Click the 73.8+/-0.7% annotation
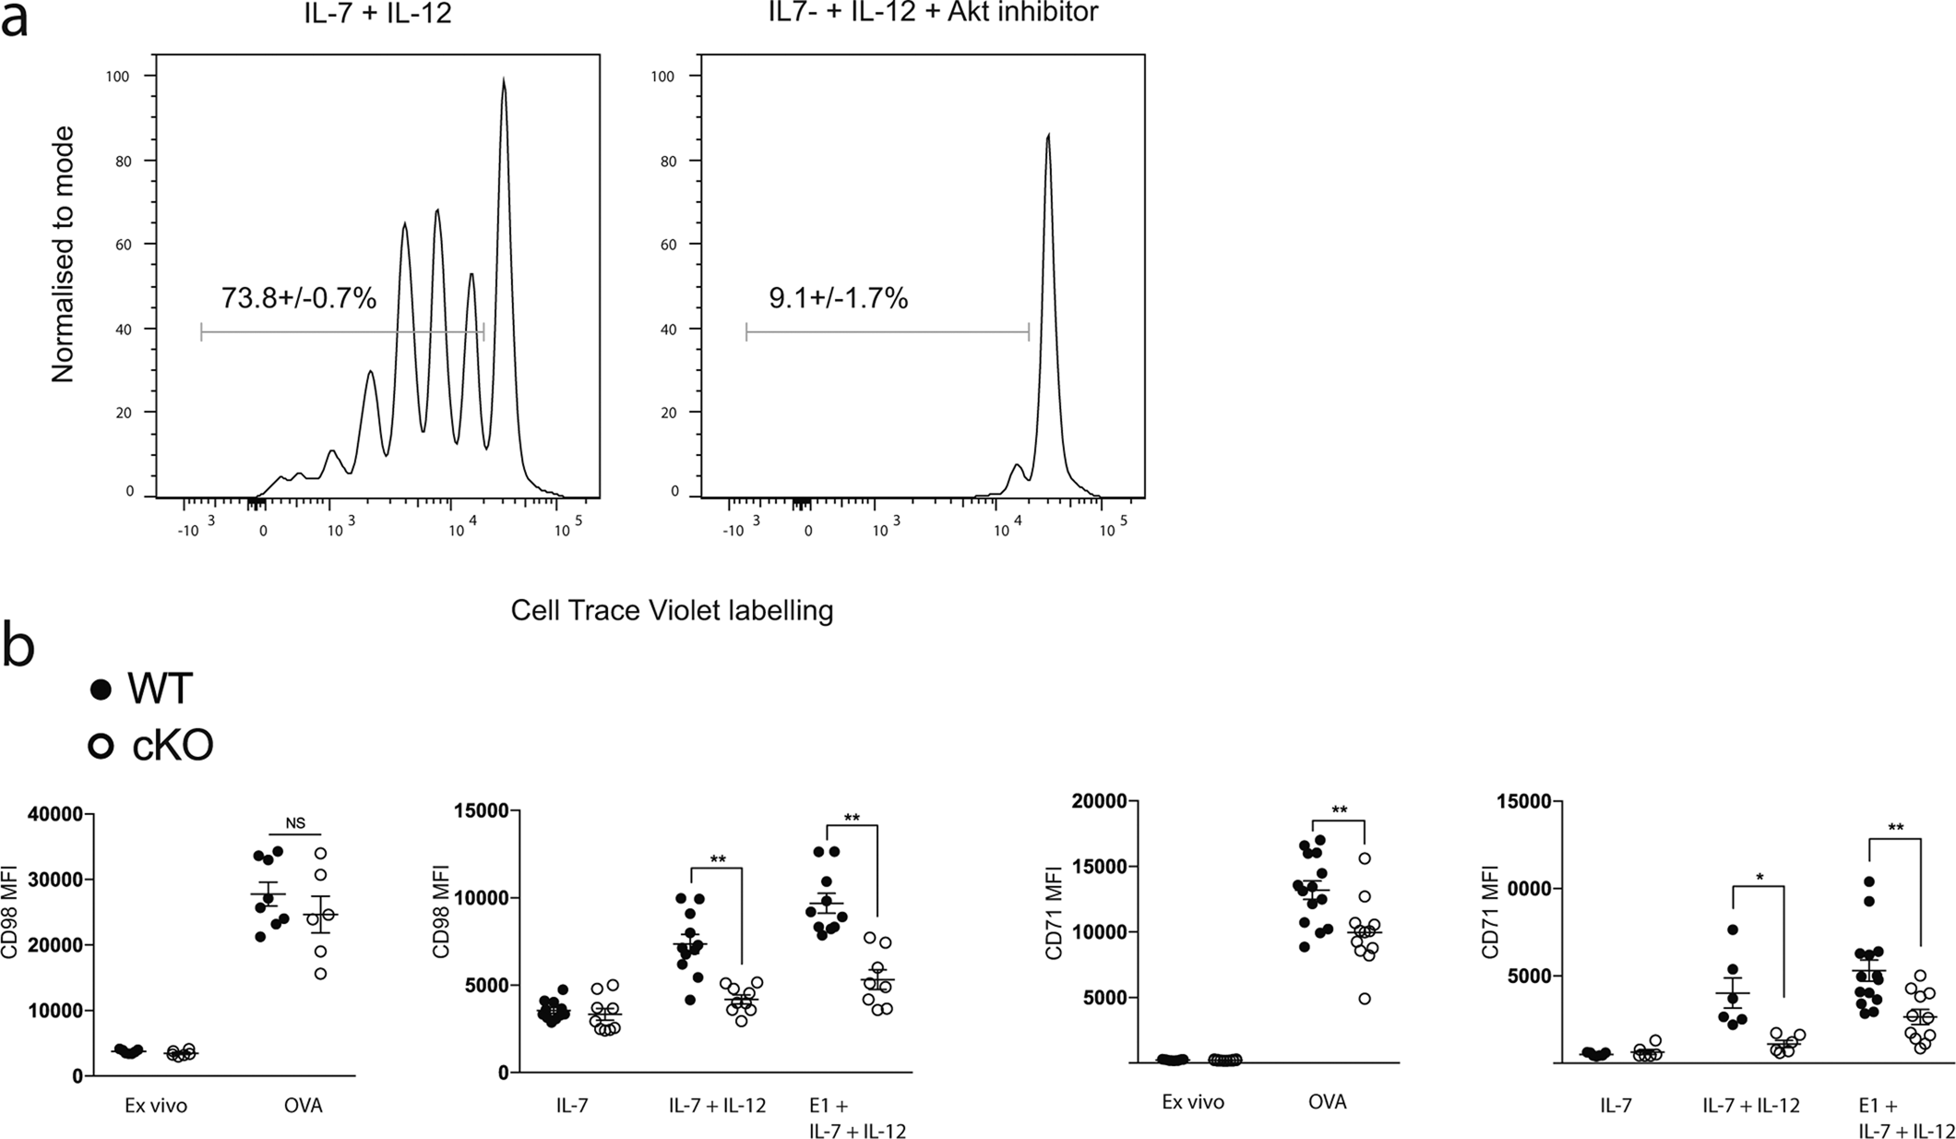[x=298, y=298]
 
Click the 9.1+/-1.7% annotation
[x=838, y=298]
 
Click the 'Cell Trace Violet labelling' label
[x=672, y=610]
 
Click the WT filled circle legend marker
[x=101, y=689]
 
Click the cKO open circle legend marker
[x=101, y=745]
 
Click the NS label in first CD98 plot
[x=295, y=824]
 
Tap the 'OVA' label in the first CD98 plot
[x=304, y=1105]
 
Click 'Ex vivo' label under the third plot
[x=1192, y=1102]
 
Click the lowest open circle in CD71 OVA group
[x=1364, y=998]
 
